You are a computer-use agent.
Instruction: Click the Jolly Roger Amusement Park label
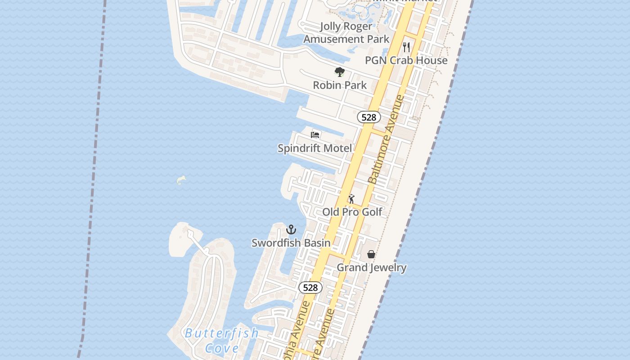[346, 32]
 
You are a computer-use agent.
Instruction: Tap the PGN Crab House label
[406, 60]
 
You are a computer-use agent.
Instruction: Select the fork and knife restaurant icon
[406, 47]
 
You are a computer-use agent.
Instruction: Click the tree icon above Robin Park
[340, 72]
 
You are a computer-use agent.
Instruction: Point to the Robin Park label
[340, 85]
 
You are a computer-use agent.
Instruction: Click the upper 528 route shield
[369, 117]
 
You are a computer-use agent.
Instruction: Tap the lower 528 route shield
[310, 288]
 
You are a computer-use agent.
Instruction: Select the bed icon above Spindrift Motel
[315, 135]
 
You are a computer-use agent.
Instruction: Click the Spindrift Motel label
[315, 148]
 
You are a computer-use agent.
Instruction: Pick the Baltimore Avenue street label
[386, 139]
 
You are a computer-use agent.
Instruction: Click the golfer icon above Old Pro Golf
[351, 199]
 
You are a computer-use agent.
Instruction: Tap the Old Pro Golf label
[352, 212]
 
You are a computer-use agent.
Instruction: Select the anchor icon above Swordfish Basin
[291, 229]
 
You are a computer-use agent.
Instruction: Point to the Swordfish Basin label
[291, 243]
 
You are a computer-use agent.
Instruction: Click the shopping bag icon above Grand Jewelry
[371, 254]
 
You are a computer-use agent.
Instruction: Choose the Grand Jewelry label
[371, 268]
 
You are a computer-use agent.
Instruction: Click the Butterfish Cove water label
[222, 340]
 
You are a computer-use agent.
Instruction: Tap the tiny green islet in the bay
[181, 180]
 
